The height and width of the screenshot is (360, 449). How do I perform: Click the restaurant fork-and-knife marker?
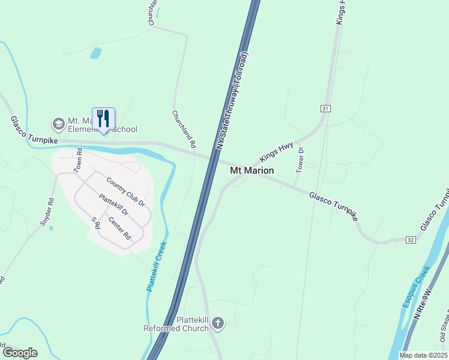coord(103,119)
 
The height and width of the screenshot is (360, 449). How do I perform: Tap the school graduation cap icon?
coord(59,124)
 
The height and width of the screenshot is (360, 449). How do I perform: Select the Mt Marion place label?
coord(252,171)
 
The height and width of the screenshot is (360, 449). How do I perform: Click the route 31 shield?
coord(325,109)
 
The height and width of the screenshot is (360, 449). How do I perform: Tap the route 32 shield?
coord(411,239)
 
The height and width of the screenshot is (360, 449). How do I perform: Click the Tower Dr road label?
coord(300,160)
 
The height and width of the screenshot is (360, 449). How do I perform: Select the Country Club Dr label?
coord(125,192)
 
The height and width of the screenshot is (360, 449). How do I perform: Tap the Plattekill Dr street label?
coord(113,205)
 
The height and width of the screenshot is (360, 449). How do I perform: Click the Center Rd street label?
coord(119,228)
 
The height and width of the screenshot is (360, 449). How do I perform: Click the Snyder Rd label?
coord(47,212)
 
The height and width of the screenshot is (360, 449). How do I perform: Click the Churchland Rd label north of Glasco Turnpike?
coord(184,129)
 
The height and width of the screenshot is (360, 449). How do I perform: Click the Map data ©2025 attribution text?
coord(423,355)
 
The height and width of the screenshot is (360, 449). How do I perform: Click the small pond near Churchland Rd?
coord(96,53)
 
